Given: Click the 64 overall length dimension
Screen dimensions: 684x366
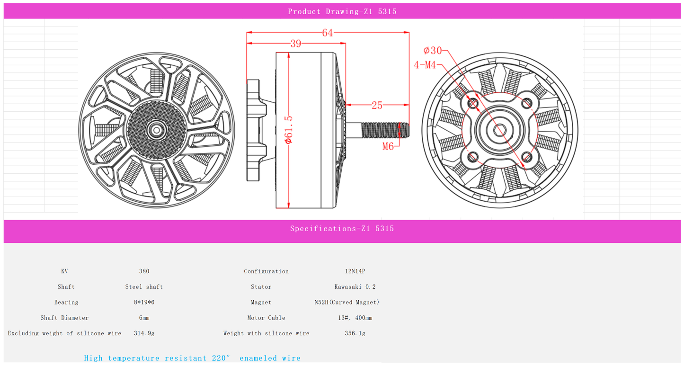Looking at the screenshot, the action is (328, 33).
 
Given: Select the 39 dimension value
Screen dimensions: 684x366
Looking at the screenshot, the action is (295, 44).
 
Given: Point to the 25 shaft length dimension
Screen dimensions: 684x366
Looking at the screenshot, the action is (377, 106).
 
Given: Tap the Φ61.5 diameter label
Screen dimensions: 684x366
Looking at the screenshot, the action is (288, 130).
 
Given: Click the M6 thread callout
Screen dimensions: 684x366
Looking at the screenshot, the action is (388, 146).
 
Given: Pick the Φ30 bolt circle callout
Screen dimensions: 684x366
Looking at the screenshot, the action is (432, 50).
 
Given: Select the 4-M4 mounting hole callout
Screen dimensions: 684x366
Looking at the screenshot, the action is (425, 65).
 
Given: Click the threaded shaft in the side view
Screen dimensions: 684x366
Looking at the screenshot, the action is (385, 130).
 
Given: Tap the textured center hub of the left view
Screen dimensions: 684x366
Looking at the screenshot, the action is (156, 131).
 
